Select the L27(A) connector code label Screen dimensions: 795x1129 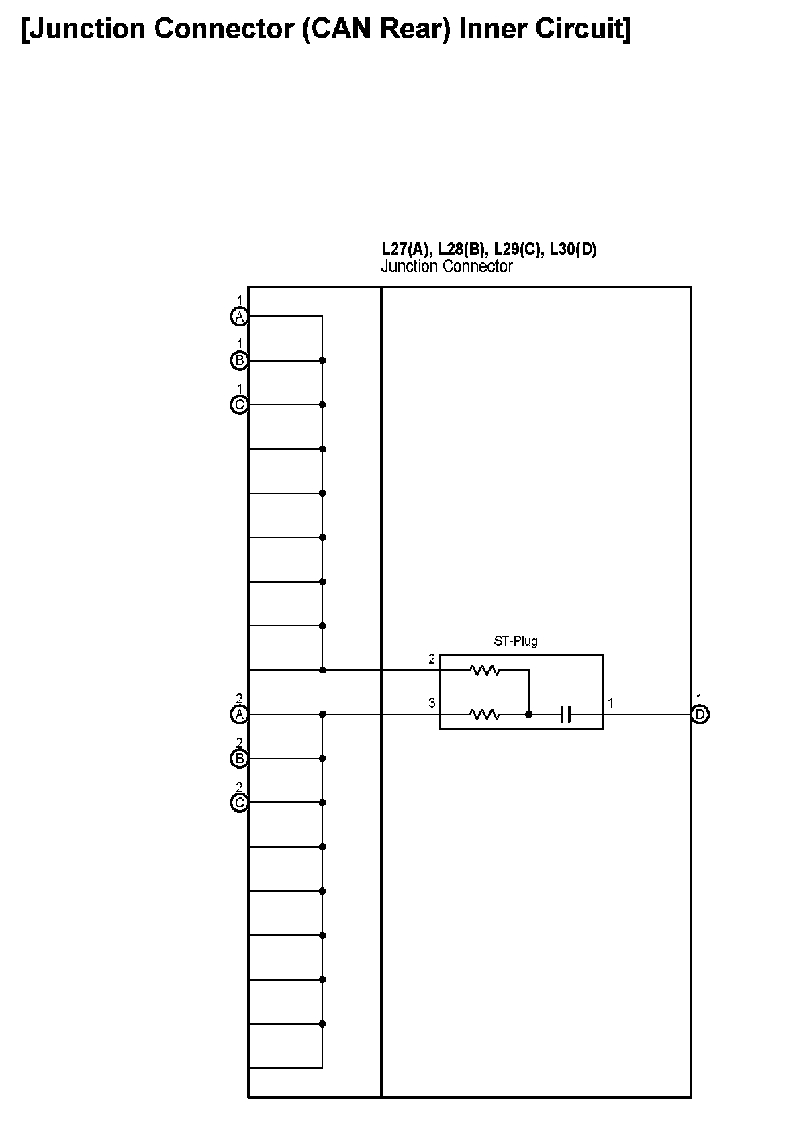point(406,250)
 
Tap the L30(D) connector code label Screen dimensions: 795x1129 point(573,250)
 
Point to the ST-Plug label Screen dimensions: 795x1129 point(516,641)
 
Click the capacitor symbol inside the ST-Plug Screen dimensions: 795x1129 point(565,715)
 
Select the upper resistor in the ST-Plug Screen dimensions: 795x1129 point(485,670)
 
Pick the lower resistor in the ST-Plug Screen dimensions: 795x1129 point(485,715)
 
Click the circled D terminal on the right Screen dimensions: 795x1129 point(700,714)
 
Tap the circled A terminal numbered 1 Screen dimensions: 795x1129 point(239,316)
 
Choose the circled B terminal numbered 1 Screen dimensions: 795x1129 point(239,360)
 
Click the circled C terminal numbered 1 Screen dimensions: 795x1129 point(239,405)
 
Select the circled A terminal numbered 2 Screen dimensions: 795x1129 point(239,714)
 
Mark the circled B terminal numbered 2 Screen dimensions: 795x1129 point(239,758)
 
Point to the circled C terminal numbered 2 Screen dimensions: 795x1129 point(239,803)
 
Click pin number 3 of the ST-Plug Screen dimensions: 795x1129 point(432,703)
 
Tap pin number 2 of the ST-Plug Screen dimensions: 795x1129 point(432,659)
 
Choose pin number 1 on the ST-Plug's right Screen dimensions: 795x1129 point(610,703)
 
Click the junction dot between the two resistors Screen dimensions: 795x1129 point(528,715)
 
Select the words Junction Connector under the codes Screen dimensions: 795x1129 point(447,266)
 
